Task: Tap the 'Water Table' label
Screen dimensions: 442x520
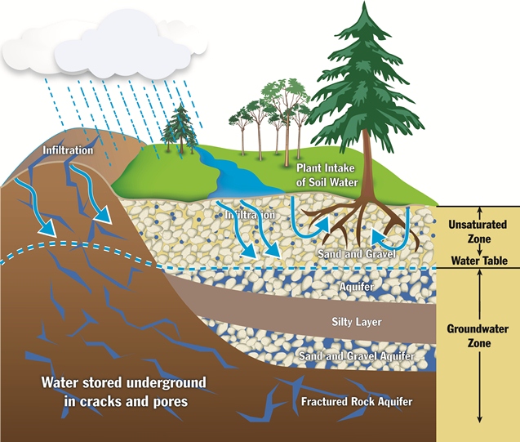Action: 478,261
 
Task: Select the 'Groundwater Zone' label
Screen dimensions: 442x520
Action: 478,336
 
